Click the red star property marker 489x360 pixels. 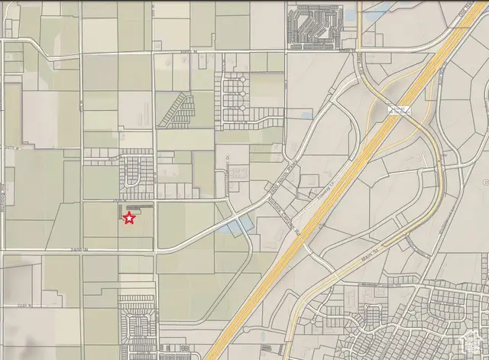pyautogui.click(x=129, y=219)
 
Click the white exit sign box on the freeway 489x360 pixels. pyautogui.click(x=397, y=111)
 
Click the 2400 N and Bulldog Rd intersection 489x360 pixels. pyautogui.click(x=4, y=249)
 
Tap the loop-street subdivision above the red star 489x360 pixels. pyautogui.click(x=136, y=172)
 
